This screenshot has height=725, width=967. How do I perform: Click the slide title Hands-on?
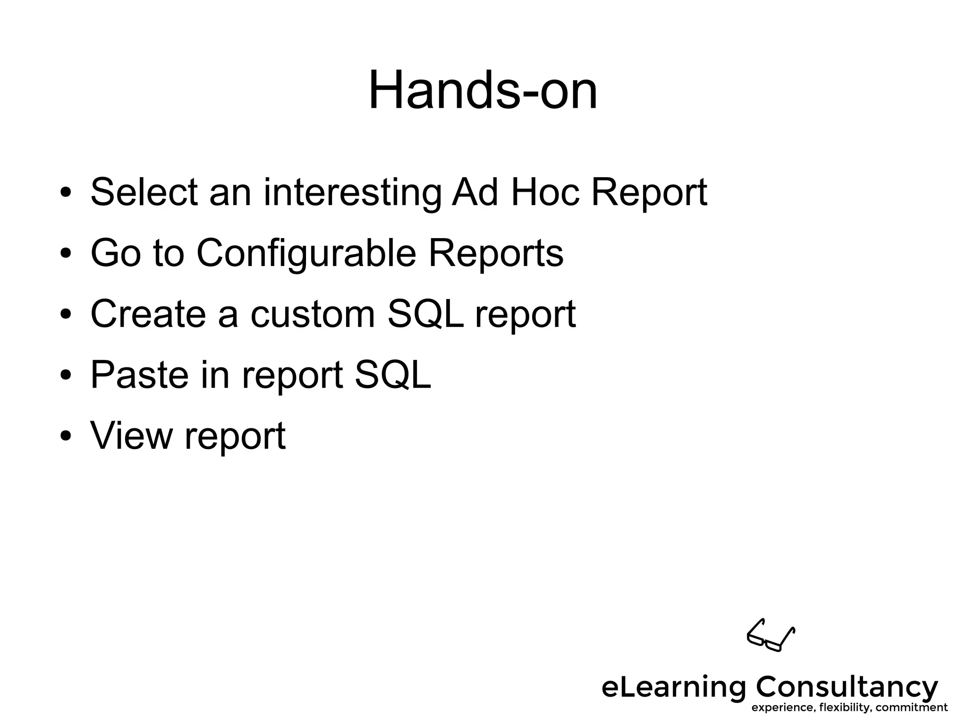click(483, 90)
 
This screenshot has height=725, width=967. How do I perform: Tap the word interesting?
click(352, 193)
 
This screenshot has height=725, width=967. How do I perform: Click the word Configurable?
click(306, 253)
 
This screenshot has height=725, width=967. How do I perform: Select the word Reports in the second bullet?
click(495, 253)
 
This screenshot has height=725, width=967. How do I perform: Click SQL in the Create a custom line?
click(425, 314)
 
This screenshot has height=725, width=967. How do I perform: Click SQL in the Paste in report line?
click(393, 375)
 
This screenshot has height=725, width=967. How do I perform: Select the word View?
click(131, 435)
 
